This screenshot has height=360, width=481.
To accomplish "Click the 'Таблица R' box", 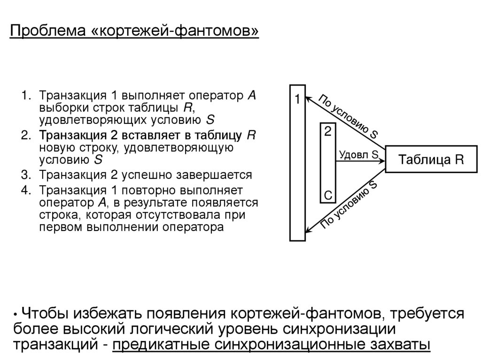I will point(431,160).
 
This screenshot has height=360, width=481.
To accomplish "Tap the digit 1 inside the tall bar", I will point(297,100).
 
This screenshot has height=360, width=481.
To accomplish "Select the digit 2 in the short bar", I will point(327,131).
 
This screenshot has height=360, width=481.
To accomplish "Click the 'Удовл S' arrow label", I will point(358,154).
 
